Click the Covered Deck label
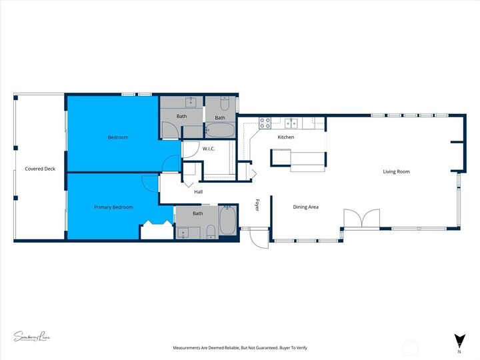point(39,169)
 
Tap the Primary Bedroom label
point(113,207)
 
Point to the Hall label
point(198,192)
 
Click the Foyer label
point(257,205)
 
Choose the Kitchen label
point(286,137)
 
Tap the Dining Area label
point(306,207)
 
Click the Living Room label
point(396,172)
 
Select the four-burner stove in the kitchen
point(265,123)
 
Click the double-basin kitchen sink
point(291,123)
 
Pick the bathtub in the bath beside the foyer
point(228,220)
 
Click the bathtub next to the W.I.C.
point(219,129)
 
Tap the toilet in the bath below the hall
point(211,231)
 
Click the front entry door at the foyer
point(259,237)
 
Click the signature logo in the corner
point(31,337)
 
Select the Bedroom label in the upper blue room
point(118,137)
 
